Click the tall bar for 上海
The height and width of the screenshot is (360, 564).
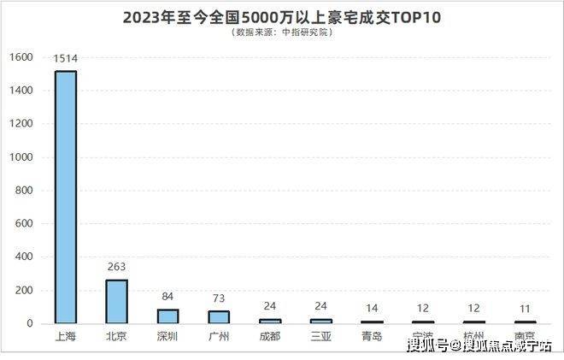point(66,197)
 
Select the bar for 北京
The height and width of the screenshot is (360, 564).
point(117,301)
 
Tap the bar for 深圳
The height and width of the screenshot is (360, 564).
point(168,316)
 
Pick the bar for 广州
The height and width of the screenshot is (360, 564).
point(220,316)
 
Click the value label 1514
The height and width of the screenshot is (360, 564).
point(66,58)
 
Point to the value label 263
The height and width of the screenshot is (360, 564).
point(117,267)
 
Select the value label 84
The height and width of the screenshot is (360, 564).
point(168,297)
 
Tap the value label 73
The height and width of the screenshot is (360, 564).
point(220,298)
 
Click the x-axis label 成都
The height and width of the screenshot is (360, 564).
point(271,336)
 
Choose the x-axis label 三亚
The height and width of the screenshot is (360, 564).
point(322,336)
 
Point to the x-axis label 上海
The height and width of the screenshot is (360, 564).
point(66,336)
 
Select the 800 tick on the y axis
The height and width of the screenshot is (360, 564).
point(23,191)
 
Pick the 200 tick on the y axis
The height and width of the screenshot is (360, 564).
point(23,291)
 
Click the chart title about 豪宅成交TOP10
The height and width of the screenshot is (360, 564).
point(282,16)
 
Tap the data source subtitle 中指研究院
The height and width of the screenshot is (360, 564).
point(282,32)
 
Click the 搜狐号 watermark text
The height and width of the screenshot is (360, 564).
point(427,346)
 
